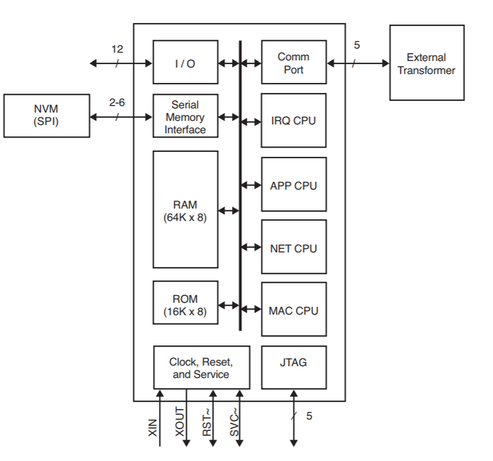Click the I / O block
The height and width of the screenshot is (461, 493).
coord(185,62)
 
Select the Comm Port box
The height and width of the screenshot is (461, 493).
coord(293,62)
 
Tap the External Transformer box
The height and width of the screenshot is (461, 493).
coord(426,63)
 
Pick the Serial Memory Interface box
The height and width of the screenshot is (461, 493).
coord(185,117)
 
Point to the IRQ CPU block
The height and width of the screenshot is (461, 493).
coord(293,120)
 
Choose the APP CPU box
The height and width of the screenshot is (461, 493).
coord(293,185)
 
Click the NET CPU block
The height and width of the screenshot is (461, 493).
coord(293,248)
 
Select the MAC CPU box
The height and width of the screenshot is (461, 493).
coord(293,310)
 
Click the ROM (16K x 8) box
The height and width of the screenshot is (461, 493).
coord(185,306)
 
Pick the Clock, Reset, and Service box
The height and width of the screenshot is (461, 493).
coord(201,367)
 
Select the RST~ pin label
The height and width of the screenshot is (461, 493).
coord(206,422)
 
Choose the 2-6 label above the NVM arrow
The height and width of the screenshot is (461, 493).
coord(117,102)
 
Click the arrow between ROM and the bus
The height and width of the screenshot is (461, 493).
coord(228,306)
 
